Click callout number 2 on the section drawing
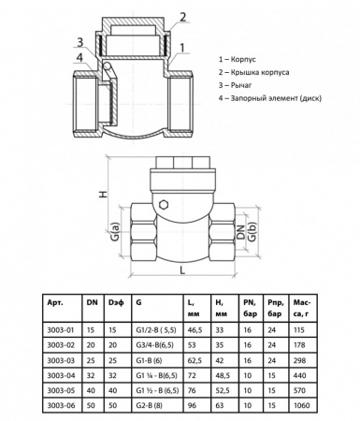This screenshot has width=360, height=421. tap(182, 17)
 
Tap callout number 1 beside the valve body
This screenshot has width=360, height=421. tap(182, 48)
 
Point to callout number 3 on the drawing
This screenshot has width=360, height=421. tap(80, 42)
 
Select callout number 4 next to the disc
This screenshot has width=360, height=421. tap(80, 58)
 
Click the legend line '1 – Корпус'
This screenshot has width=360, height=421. tap(238, 59)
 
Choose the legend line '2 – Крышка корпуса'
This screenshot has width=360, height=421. tap(253, 72)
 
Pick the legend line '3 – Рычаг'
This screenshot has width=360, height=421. tap(235, 85)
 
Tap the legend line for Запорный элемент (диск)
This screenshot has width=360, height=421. tap(270, 98)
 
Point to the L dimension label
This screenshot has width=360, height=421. tap(182, 270)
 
